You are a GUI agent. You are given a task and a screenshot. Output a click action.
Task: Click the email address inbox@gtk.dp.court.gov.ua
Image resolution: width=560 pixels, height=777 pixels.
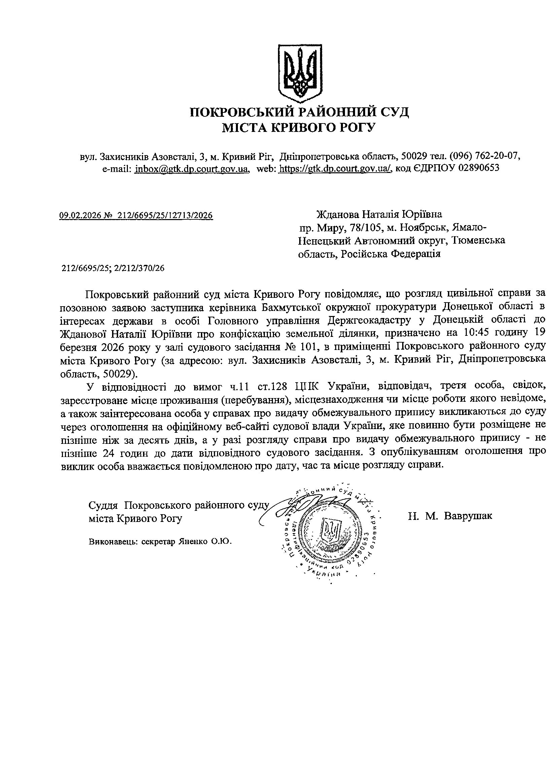pos(191,168)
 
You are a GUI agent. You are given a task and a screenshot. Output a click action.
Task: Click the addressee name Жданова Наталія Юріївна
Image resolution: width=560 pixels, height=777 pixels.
pos(378,214)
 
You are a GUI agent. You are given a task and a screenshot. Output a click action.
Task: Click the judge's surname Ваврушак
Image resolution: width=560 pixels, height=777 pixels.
pos(468,516)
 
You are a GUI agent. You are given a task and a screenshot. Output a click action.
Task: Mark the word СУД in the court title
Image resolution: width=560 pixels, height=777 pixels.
pos(394,112)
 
